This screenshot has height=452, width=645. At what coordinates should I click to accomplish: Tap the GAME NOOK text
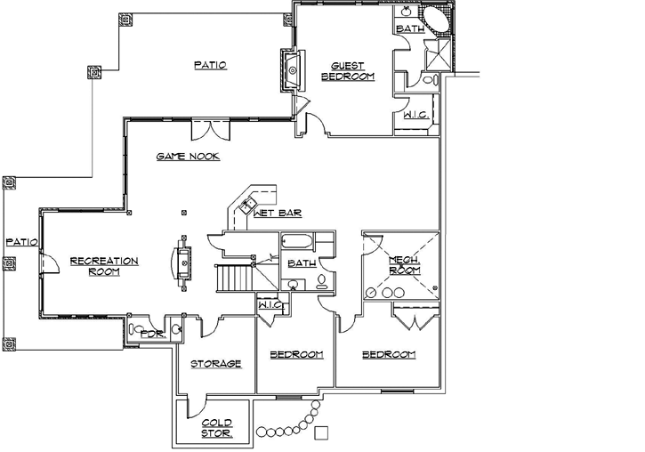point(188,157)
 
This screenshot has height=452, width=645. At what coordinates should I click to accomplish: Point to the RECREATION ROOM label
point(104,266)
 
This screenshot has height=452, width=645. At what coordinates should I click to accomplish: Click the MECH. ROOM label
point(405,264)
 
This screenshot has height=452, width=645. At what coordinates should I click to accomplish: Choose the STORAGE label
point(216,363)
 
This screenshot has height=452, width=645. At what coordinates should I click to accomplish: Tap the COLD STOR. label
point(216,428)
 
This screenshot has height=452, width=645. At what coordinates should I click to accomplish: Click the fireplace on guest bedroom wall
point(292,69)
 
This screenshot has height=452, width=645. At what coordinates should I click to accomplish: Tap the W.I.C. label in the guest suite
point(415,115)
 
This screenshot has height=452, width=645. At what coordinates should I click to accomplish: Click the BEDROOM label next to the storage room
point(295,355)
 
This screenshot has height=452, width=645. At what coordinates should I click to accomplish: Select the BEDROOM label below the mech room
point(389,355)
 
